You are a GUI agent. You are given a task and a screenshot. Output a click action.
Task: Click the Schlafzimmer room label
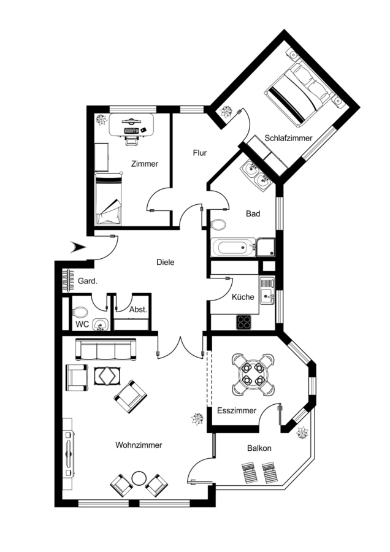click(x=288, y=138)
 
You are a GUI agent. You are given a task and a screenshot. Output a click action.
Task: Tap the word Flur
click(x=199, y=153)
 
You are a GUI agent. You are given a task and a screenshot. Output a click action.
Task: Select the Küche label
click(x=243, y=297)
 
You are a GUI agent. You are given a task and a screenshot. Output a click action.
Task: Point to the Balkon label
click(x=259, y=448)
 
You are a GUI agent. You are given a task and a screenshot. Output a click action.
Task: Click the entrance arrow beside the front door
click(x=78, y=247)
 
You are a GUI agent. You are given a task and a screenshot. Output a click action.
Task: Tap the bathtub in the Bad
click(x=233, y=247)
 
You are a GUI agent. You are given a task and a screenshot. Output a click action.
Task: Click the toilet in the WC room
click(x=80, y=312)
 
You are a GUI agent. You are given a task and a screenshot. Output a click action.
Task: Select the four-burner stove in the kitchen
click(x=244, y=322)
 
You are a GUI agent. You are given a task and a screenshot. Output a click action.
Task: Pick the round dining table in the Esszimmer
click(x=253, y=374)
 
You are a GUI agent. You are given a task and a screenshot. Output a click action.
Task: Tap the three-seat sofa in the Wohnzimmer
click(x=106, y=350)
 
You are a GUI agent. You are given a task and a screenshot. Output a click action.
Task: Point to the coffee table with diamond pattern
click(x=108, y=376)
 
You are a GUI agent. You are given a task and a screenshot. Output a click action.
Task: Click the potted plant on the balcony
click(x=302, y=432)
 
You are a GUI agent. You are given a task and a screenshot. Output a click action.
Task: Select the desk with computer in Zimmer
click(x=131, y=125)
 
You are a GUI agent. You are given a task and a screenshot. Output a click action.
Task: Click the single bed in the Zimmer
click(x=109, y=199)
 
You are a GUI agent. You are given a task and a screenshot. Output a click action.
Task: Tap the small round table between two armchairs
click(x=139, y=479)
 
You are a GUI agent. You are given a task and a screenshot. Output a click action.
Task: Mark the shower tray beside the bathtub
click(x=266, y=247)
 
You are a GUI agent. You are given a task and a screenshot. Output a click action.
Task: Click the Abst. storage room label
click(x=138, y=310)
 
